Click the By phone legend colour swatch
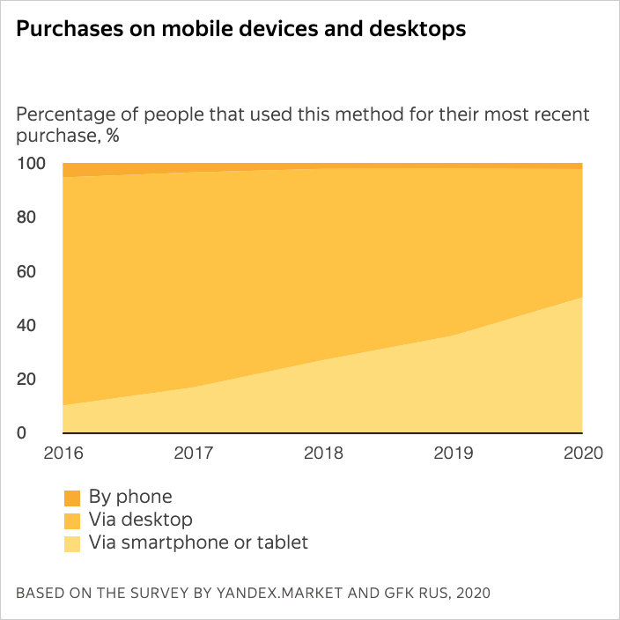coord(72,498)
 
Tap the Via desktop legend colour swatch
coord(72,520)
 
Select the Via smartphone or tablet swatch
coord(72,543)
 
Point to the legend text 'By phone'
coord(130,497)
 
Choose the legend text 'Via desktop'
coord(140,520)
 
